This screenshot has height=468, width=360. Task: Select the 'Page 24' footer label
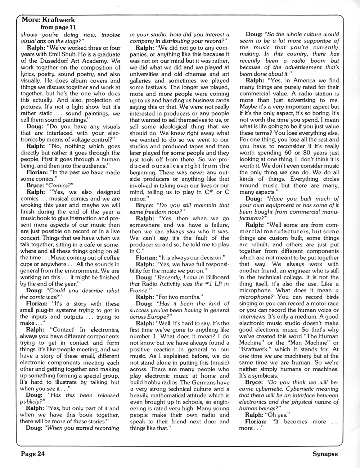[32, 454]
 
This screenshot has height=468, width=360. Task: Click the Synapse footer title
[325, 454]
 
